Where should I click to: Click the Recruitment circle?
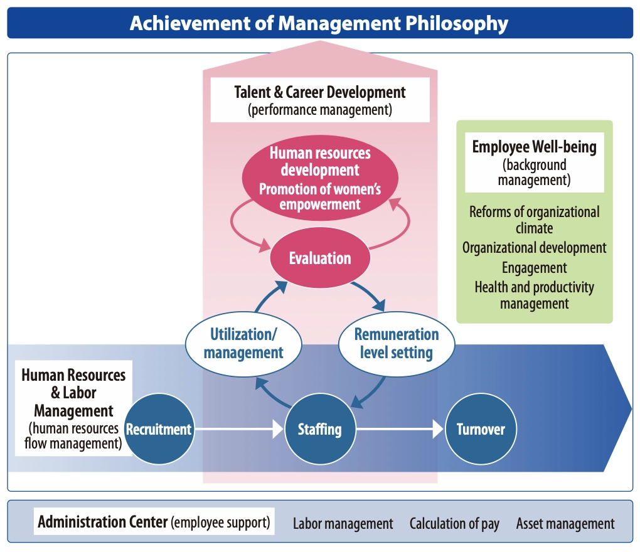point(159,429)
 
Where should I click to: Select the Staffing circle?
point(320,429)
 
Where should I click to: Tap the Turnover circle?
point(481,429)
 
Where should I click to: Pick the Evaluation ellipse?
point(319,258)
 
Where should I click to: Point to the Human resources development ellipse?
point(320,178)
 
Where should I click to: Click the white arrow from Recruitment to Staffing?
point(238,430)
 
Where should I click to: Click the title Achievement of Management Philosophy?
point(319,23)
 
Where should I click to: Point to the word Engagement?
point(535,268)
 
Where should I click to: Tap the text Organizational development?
point(535,248)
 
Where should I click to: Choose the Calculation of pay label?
point(454,524)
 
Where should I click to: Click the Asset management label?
point(565,524)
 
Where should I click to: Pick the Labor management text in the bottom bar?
point(343,524)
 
